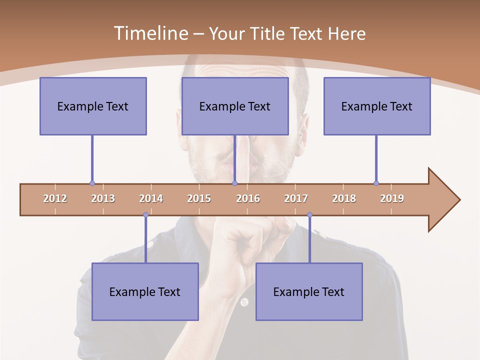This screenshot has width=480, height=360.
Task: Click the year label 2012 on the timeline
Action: coord(55,198)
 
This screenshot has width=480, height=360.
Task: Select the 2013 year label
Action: coord(103,198)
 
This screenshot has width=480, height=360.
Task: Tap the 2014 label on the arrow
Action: coord(151,198)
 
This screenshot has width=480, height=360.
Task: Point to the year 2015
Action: coord(199,198)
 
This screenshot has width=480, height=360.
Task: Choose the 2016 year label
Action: coord(248,198)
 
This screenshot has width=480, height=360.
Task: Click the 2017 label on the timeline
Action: coord(296,198)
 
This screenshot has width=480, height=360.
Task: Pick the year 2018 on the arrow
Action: coord(344,198)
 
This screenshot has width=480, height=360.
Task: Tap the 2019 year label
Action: coord(392,198)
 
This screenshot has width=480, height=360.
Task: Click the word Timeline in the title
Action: coord(150,33)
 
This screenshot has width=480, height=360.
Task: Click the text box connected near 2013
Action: coord(93,106)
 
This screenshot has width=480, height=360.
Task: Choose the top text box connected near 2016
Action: coord(235,106)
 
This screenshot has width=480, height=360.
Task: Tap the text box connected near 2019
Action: coord(377,106)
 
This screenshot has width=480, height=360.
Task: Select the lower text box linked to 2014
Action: coord(145,291)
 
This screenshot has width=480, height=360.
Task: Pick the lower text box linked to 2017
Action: coord(309,291)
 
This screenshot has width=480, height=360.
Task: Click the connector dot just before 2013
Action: coord(92,183)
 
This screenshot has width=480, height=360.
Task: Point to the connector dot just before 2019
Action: coord(376,183)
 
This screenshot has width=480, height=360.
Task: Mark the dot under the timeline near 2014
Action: coord(145,215)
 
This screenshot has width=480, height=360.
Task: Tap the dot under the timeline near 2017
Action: coord(309,215)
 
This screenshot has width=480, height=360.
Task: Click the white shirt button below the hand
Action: coord(244,302)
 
